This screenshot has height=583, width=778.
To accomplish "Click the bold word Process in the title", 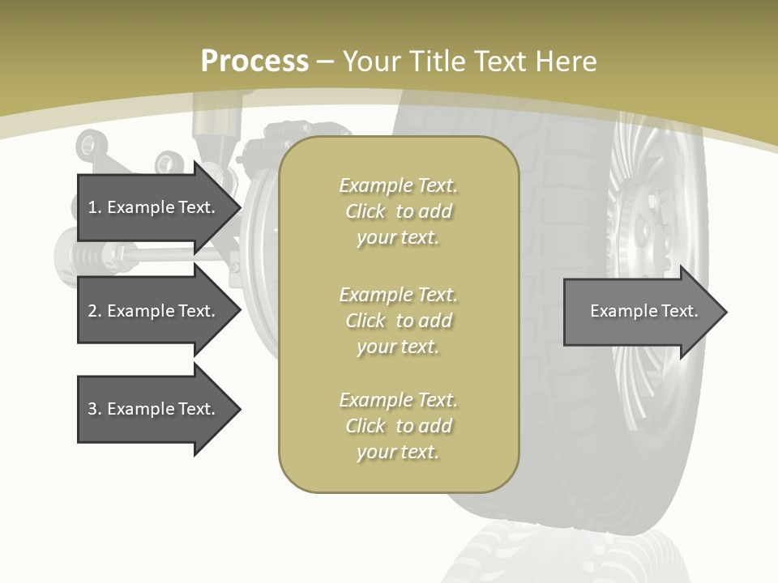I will click(254, 62).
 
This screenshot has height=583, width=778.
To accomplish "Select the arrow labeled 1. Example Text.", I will click(154, 207).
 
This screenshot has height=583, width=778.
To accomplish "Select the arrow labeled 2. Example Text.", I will click(154, 311).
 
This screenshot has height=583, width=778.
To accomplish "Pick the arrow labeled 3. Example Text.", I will click(154, 409).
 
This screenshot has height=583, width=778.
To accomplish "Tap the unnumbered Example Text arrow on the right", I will click(640, 312).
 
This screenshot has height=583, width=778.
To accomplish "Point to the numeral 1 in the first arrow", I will click(92, 207).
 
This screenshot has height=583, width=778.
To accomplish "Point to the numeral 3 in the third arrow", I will click(92, 409).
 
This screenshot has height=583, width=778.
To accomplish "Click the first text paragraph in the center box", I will click(398, 211).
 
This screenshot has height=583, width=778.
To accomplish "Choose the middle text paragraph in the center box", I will click(398, 321).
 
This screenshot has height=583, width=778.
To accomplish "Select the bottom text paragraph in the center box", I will click(398, 426).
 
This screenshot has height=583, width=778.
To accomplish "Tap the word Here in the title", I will click(569, 62).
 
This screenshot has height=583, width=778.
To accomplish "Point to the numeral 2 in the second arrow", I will click(92, 311).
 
